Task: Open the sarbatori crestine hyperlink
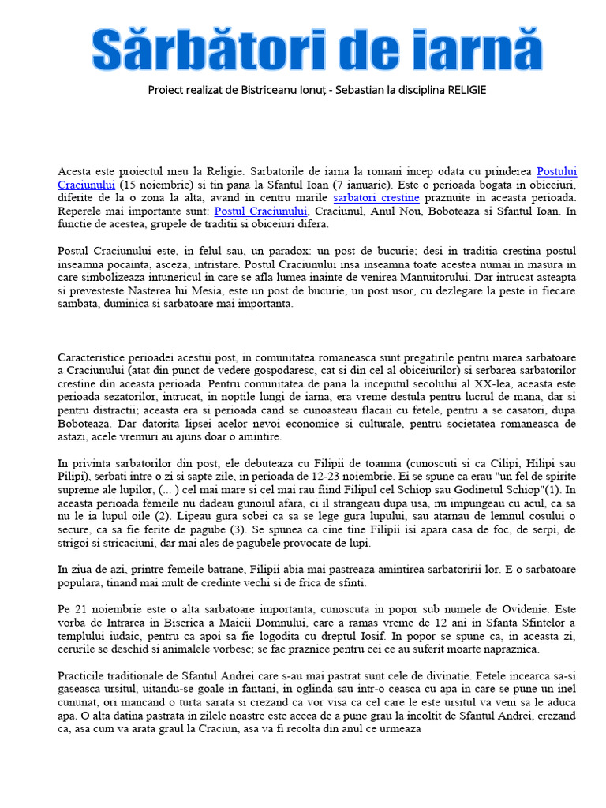(376, 198)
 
